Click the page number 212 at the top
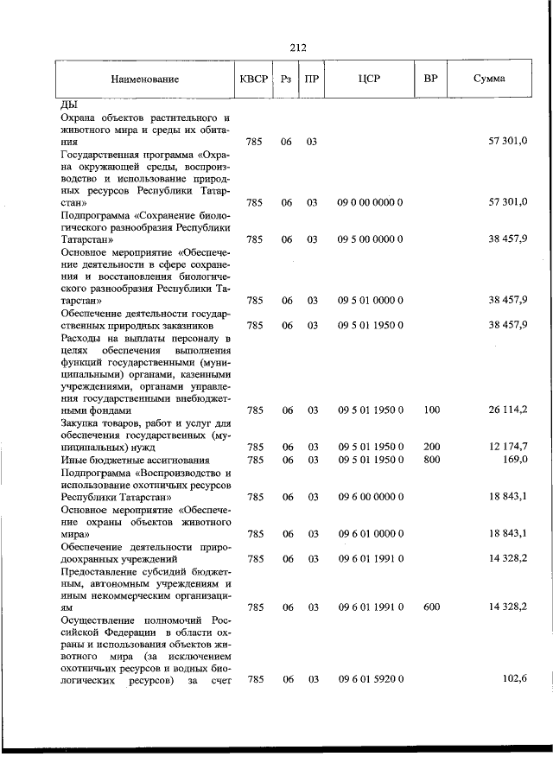299,48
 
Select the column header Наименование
144,79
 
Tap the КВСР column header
254,79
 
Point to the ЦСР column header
370,79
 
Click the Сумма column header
490,79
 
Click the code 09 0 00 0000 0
370,202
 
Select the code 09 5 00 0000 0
370,238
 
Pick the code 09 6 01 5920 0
370,680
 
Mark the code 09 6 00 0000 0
370,497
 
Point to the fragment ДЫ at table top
68,105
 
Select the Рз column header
285,79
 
